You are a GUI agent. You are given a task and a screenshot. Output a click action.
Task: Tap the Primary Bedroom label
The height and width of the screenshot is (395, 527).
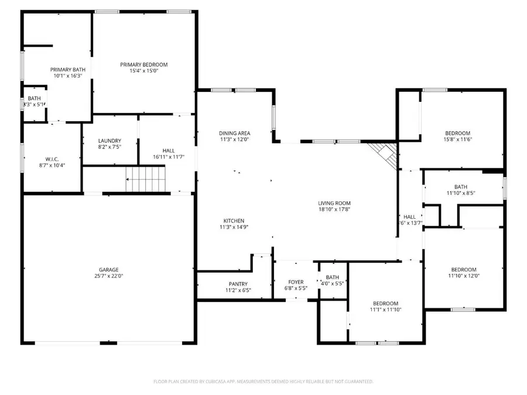tap(144, 64)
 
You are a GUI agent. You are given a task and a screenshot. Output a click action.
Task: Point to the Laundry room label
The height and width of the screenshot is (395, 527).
tap(109, 140)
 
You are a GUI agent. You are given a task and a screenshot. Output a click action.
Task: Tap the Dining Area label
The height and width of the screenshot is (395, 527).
tap(235, 133)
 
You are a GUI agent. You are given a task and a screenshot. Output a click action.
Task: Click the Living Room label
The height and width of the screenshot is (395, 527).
tap(334, 203)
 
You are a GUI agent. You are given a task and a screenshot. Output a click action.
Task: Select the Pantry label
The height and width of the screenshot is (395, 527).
tap(238, 284)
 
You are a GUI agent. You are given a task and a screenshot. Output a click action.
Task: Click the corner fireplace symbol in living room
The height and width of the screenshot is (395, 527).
tap(385, 154)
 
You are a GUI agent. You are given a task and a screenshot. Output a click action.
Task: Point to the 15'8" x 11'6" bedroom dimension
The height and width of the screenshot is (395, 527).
tap(457, 140)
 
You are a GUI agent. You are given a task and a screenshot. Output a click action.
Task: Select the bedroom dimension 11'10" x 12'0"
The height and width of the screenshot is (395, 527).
tap(464, 276)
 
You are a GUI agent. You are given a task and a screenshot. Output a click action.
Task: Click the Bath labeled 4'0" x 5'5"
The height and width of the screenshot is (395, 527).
tap(333, 281)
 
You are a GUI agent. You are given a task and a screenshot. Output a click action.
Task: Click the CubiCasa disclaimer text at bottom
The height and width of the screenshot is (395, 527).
tap(263, 381)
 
